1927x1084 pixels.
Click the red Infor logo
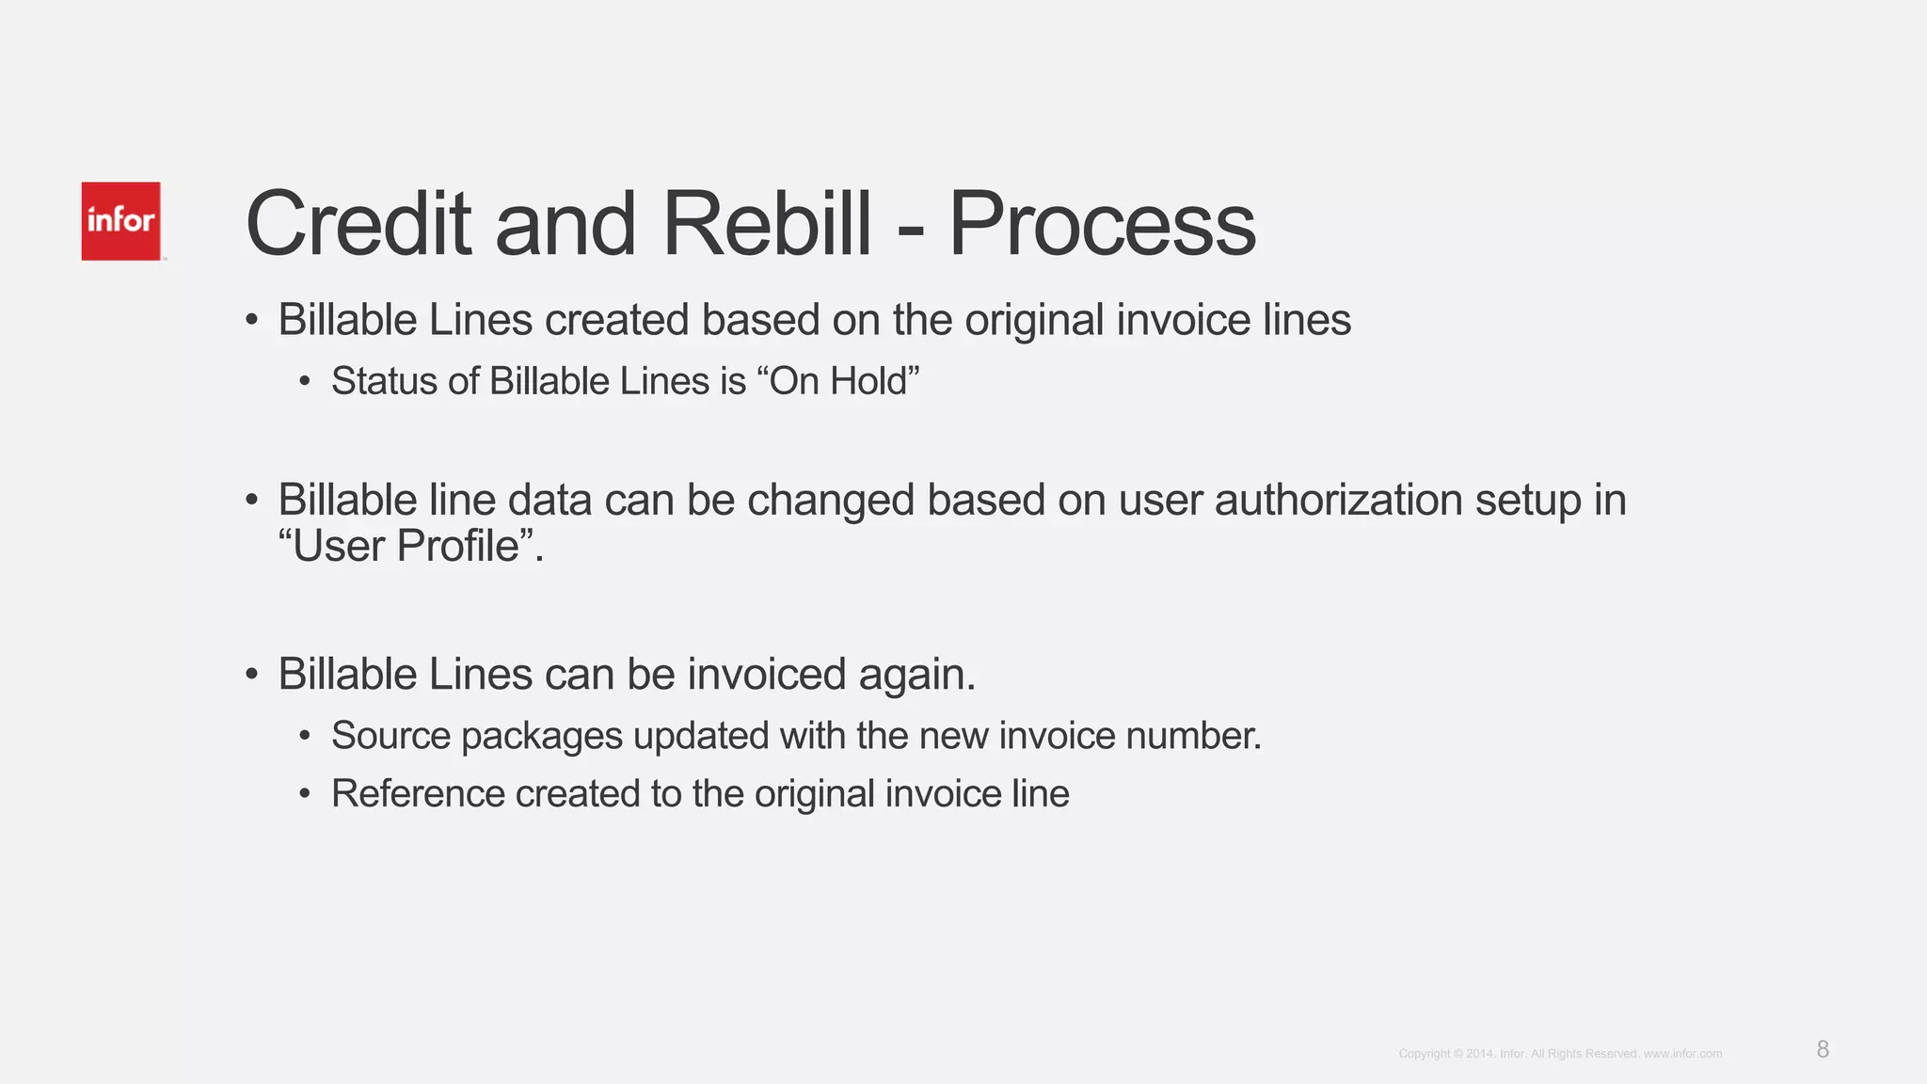tap(120, 221)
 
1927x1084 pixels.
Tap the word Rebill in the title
tap(767, 225)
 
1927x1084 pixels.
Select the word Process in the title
tap(1102, 225)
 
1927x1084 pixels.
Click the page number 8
tap(1823, 1049)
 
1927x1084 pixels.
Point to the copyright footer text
tap(1560, 1054)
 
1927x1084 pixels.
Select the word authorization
tap(1339, 500)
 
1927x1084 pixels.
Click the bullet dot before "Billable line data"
tap(251, 500)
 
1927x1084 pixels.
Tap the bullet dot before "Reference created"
tap(304, 794)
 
